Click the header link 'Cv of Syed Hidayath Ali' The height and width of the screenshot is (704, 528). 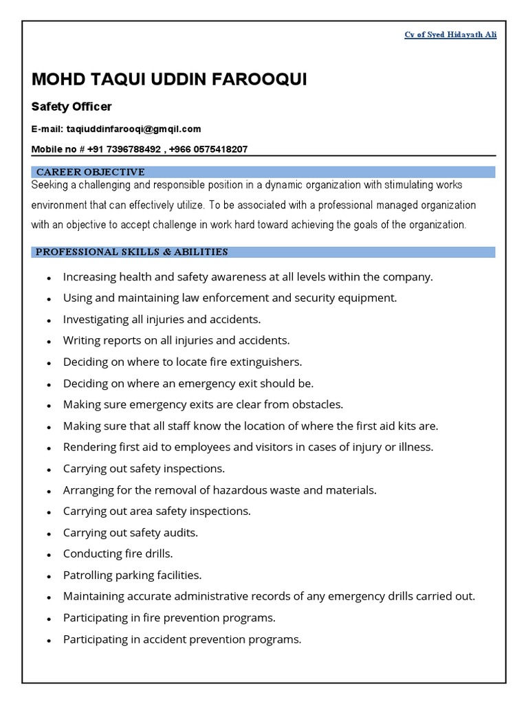(x=450, y=34)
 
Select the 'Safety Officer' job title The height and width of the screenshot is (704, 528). (x=71, y=107)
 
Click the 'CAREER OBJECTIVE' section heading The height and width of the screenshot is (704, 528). (x=90, y=172)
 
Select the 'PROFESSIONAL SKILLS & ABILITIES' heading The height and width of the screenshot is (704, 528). (x=131, y=252)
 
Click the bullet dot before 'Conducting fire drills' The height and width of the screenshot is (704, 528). (x=49, y=554)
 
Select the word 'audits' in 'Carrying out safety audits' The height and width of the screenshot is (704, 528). (x=182, y=533)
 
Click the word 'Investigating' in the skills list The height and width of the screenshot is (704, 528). (x=96, y=319)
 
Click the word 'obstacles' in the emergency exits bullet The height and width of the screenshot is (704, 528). (x=312, y=404)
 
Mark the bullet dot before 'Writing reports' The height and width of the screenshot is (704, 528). (x=49, y=341)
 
